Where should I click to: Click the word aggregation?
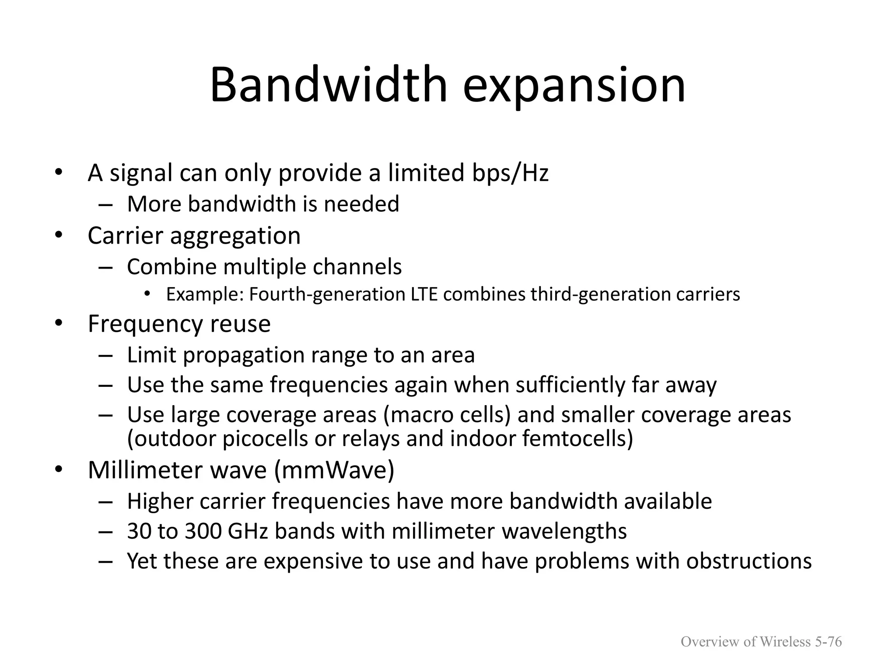[x=235, y=236]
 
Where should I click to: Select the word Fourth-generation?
[x=327, y=294]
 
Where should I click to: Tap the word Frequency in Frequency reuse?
[x=145, y=325]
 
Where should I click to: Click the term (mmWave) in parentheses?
[x=335, y=471]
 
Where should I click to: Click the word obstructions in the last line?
[x=749, y=561]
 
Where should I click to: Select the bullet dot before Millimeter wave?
[x=59, y=470]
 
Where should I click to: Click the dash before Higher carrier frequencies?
[x=106, y=502]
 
